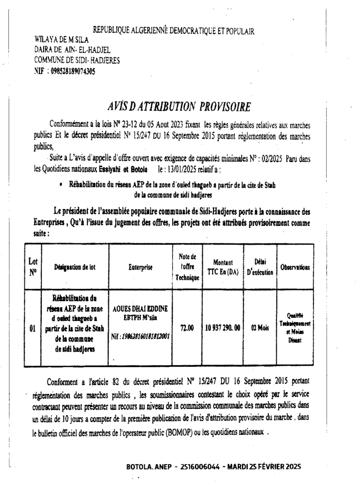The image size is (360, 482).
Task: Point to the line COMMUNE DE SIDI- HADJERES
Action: pyautogui.click(x=77, y=60)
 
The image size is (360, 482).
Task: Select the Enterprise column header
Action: pyautogui.click(x=140, y=267)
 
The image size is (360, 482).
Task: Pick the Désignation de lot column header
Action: pyautogui.click(x=75, y=267)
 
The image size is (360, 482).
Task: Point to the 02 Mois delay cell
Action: pyautogui.click(x=260, y=328)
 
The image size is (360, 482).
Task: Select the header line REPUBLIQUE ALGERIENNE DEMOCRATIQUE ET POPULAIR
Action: pyautogui.click(x=174, y=31)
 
